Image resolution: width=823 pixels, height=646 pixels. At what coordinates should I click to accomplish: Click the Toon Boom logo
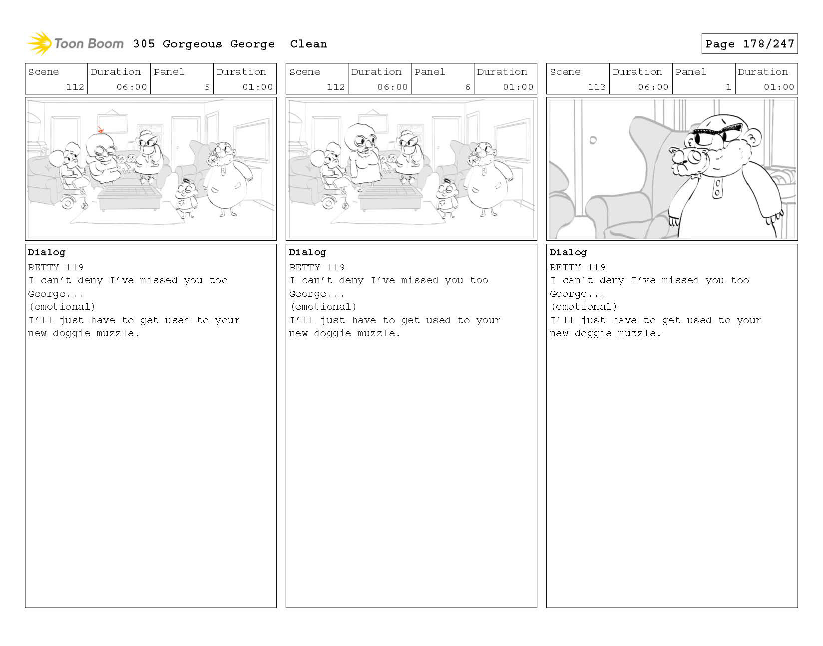75,43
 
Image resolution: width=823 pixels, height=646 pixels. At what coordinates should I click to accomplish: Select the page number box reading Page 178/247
749,44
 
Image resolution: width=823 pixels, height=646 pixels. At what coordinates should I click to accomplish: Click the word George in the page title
252,44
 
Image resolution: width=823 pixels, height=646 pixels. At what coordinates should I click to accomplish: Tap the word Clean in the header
308,44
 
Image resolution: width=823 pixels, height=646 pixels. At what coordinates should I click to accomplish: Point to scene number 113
596,87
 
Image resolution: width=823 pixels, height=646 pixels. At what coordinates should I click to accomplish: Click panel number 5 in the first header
207,87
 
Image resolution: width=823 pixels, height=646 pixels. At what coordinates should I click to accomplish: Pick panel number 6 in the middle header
467,87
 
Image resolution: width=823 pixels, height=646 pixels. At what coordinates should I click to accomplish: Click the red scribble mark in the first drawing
100,130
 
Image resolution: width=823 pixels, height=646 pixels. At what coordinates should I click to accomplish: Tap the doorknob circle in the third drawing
593,140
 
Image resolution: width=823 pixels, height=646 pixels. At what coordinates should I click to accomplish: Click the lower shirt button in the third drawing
718,193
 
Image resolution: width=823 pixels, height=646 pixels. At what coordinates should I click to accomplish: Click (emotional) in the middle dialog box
323,307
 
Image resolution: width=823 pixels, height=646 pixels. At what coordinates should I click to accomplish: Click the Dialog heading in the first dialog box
46,252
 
